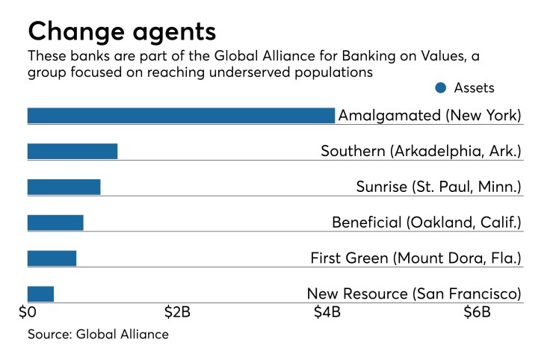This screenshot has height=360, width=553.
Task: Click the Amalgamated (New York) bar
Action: (181, 116)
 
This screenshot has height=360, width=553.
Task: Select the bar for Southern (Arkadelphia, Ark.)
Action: (72, 151)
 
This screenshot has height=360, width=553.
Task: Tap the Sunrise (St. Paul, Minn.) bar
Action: (64, 187)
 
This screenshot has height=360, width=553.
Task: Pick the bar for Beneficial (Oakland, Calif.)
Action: (55, 223)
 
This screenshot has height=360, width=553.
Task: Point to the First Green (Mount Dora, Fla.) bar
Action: (52, 258)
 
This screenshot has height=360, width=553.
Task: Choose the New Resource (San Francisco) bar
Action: (40, 294)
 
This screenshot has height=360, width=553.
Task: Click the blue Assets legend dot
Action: (440, 88)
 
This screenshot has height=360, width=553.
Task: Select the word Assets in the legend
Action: (475, 88)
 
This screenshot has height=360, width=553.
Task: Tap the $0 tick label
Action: (28, 312)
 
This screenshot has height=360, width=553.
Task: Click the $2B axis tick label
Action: (176, 312)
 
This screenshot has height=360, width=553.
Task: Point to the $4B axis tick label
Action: (327, 312)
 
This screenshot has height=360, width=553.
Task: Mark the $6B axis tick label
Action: (477, 312)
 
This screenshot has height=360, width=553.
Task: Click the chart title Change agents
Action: (122, 31)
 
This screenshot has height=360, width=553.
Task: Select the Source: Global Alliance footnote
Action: (98, 334)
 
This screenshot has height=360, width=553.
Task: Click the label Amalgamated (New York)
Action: (429, 116)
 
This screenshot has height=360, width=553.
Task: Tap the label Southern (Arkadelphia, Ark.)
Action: (421, 151)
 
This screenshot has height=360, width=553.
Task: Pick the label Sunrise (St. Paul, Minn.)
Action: (438, 187)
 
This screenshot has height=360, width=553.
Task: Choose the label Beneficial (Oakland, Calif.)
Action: (426, 223)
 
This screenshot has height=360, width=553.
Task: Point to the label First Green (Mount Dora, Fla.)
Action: (415, 258)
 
